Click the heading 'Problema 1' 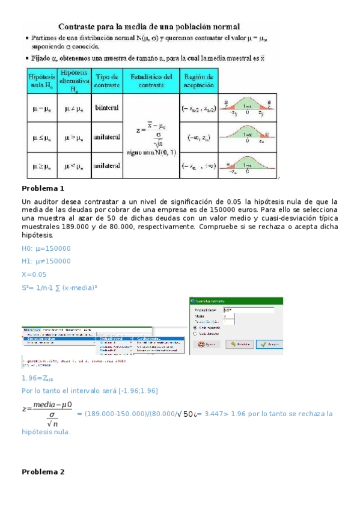[43, 188]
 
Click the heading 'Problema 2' [43, 472]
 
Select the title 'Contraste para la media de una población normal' [149, 26]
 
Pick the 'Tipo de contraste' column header [106, 81]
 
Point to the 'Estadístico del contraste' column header [151, 81]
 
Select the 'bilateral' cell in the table [106, 108]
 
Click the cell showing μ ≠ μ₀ [74, 108]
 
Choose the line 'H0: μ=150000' [46, 248]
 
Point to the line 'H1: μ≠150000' [46, 261]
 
